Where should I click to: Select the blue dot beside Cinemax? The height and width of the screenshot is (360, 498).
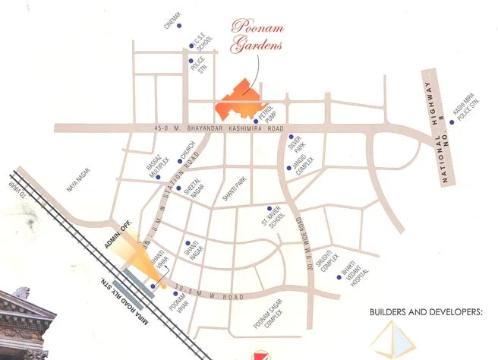click(180, 26)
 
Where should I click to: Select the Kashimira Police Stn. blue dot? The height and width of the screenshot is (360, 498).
click(451, 122)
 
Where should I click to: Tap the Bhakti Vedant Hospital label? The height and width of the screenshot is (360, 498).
click(364, 266)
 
